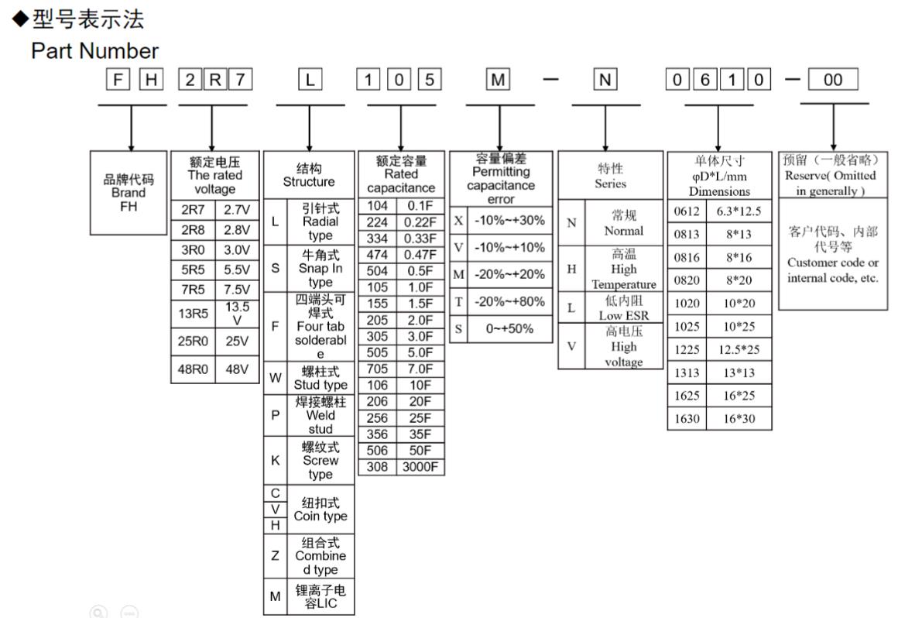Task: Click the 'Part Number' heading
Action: pos(94,51)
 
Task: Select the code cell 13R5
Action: pos(193,314)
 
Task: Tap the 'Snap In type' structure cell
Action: pos(320,268)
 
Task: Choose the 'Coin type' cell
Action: pos(320,510)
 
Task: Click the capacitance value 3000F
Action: pos(422,467)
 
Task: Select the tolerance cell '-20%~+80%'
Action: pos(509,301)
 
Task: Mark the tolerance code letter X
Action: pos(458,221)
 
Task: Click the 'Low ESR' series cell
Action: pos(623,307)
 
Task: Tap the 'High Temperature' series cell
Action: pos(623,269)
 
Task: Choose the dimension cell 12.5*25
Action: pos(739,349)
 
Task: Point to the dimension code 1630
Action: pos(687,419)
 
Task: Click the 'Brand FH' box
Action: pos(129,193)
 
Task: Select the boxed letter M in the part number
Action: pos(496,81)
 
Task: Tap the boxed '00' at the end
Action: pos(833,81)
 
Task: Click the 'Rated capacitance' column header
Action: pos(401,174)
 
